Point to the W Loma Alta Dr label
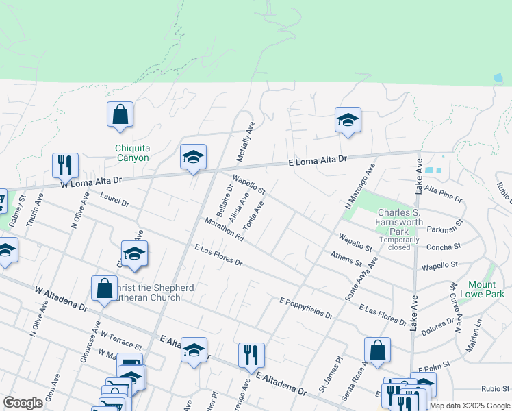tap(90, 182)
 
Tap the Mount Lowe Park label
tap(486, 289)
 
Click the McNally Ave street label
tap(246, 142)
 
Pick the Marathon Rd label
tap(224, 229)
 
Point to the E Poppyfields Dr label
tap(306, 308)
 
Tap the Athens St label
tap(346, 258)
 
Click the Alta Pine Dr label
tap(444, 192)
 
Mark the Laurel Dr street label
tap(114, 199)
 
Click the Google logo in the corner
tap(23, 403)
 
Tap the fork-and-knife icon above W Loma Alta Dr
tap(65, 165)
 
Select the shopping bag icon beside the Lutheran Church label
tap(104, 288)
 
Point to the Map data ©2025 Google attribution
tap(470, 406)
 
